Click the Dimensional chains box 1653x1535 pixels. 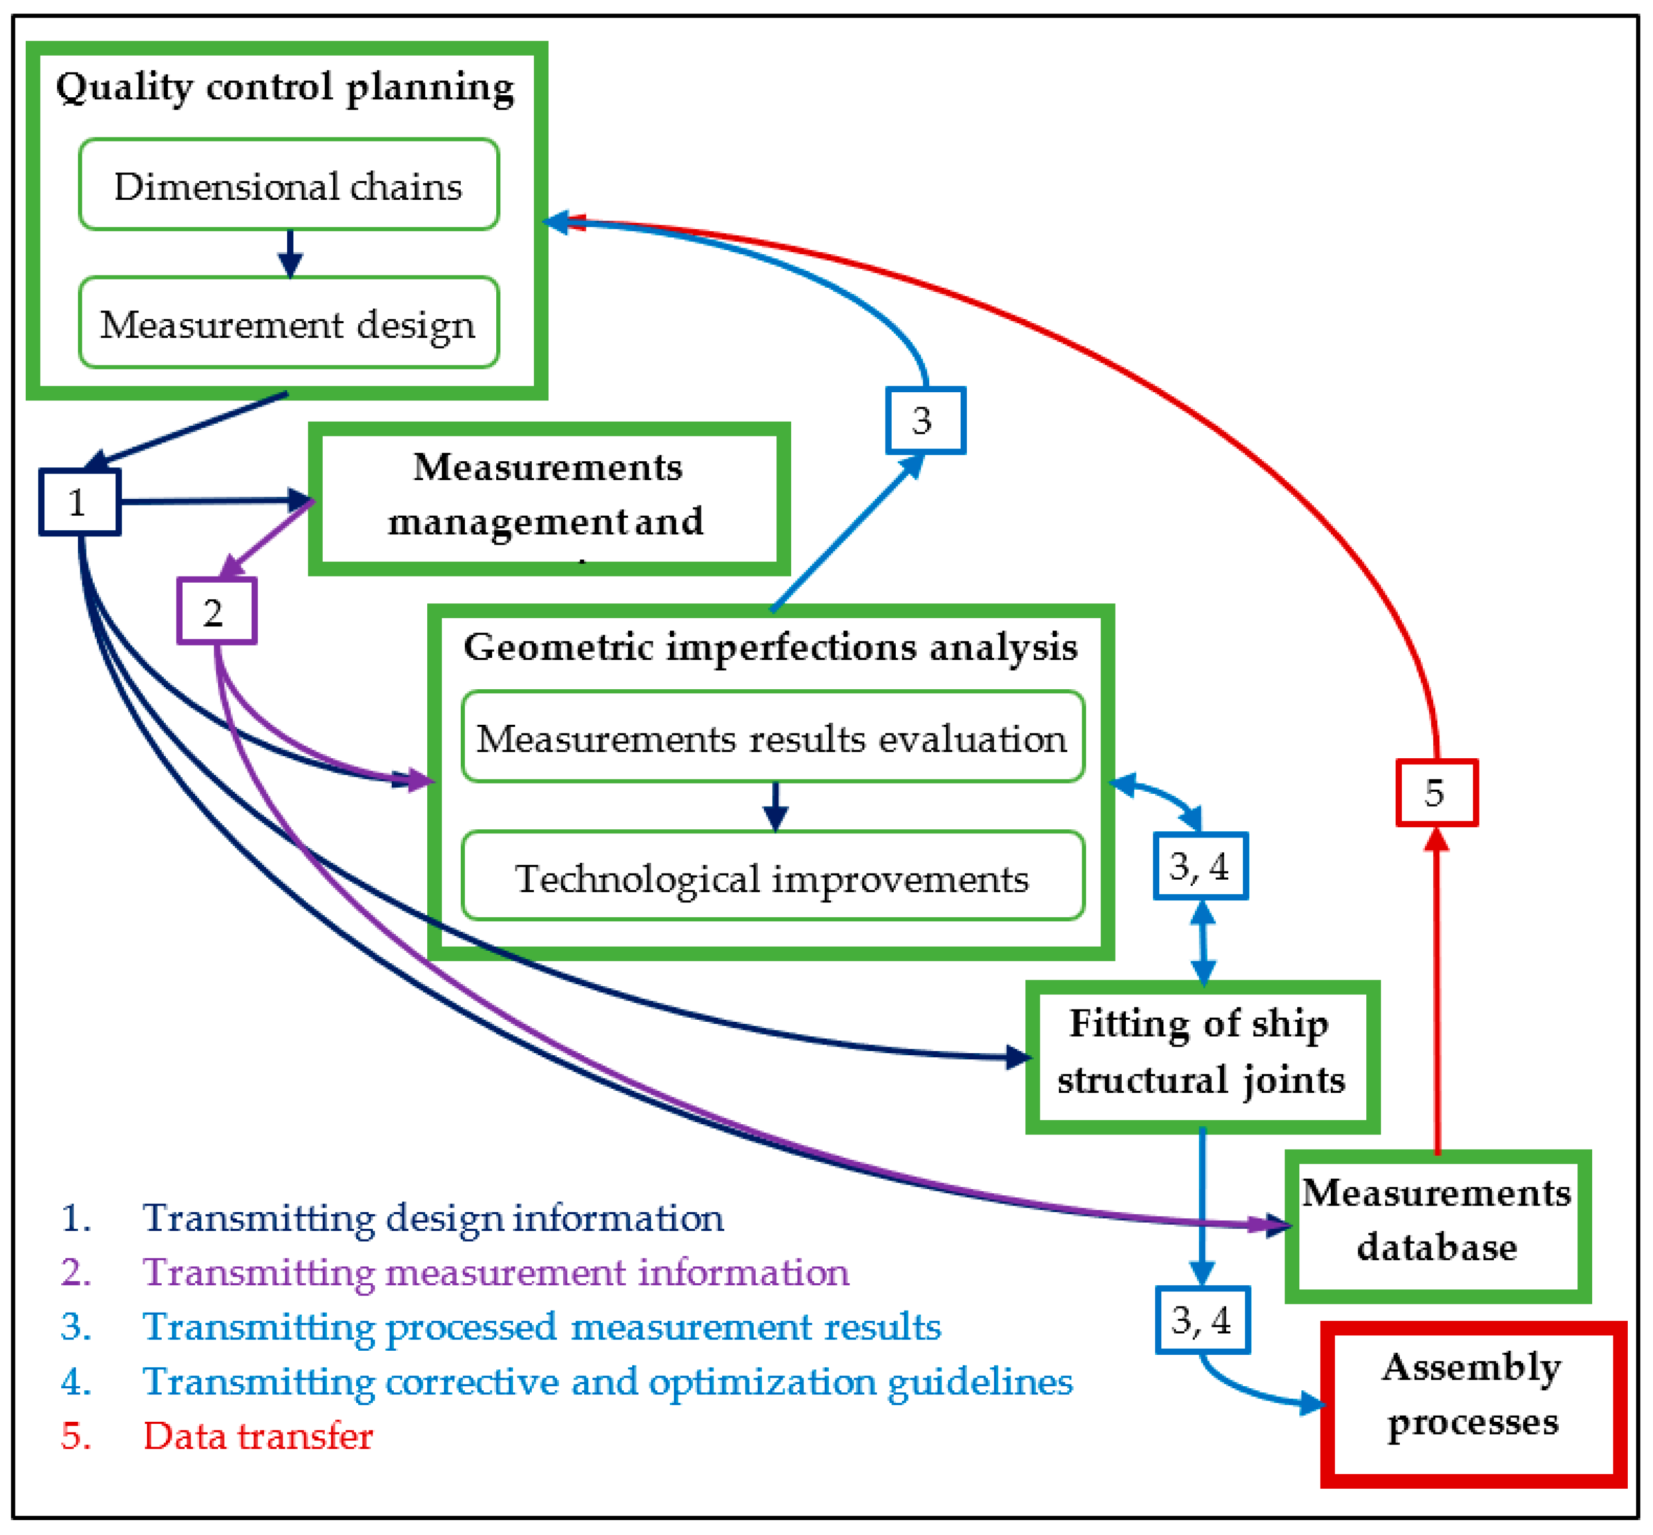tap(288, 185)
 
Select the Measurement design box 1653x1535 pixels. tap(288, 323)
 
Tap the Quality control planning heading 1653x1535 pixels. tap(285, 87)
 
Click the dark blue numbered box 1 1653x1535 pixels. tap(79, 502)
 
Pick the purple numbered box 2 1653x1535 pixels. tap(216, 612)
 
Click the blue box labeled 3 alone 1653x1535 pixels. tap(925, 420)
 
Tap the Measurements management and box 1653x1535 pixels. tap(548, 497)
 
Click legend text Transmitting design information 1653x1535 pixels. tap(432, 1218)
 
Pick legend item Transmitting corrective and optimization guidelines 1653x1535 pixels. tap(606, 1381)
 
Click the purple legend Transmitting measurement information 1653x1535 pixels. tap(495, 1272)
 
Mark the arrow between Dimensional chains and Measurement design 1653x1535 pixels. tap(289, 253)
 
